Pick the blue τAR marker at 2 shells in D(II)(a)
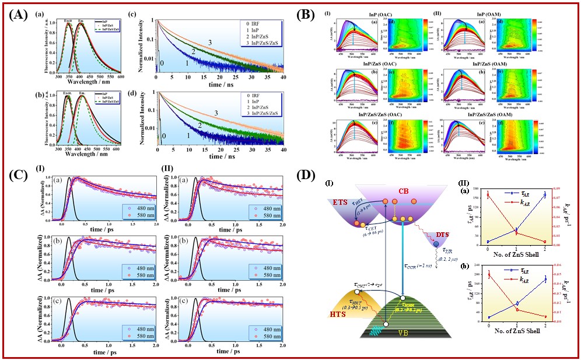[x=545, y=195]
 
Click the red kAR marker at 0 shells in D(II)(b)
[x=488, y=275]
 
